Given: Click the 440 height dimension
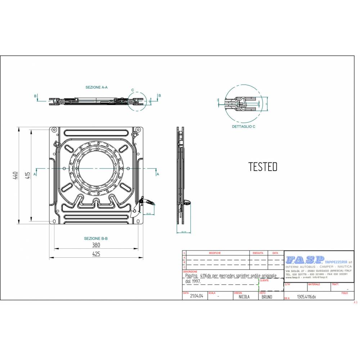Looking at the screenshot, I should [15, 175].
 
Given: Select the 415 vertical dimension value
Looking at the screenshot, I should [27, 175].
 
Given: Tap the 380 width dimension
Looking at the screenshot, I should [96, 245].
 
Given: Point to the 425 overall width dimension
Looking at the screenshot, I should [96, 254].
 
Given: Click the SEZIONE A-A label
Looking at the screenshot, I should [96, 87].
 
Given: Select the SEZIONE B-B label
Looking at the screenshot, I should [96, 238].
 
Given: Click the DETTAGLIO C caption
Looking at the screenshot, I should [243, 127].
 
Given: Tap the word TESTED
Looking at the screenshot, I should [263, 167].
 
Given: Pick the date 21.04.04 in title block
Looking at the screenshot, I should [197, 297].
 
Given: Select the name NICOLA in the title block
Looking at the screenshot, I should [244, 297].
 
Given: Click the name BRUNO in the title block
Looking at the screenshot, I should [267, 297].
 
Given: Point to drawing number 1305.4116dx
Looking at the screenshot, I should [306, 297].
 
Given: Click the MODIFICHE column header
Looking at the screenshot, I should [215, 253].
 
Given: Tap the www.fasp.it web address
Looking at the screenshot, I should [292, 277].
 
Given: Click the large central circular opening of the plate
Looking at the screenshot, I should [96, 168].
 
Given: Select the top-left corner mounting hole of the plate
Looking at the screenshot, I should [54, 129].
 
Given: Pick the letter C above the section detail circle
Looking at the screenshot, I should [132, 90].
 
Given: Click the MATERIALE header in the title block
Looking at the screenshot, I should [314, 284].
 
